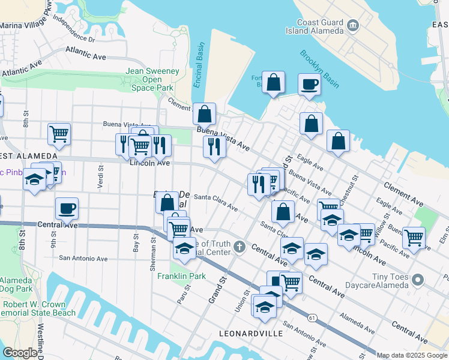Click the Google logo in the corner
(x=20, y=353)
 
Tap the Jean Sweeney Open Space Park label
(x=152, y=79)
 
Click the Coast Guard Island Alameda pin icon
(x=352, y=24)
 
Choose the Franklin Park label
(x=181, y=276)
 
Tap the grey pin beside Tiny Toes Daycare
(x=419, y=279)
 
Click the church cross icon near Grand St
(x=240, y=247)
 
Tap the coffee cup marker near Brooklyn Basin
(x=309, y=85)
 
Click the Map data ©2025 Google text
(x=412, y=355)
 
